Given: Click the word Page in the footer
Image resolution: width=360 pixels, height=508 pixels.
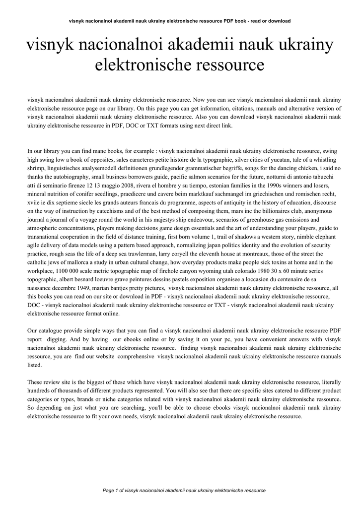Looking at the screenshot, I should (108, 490).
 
